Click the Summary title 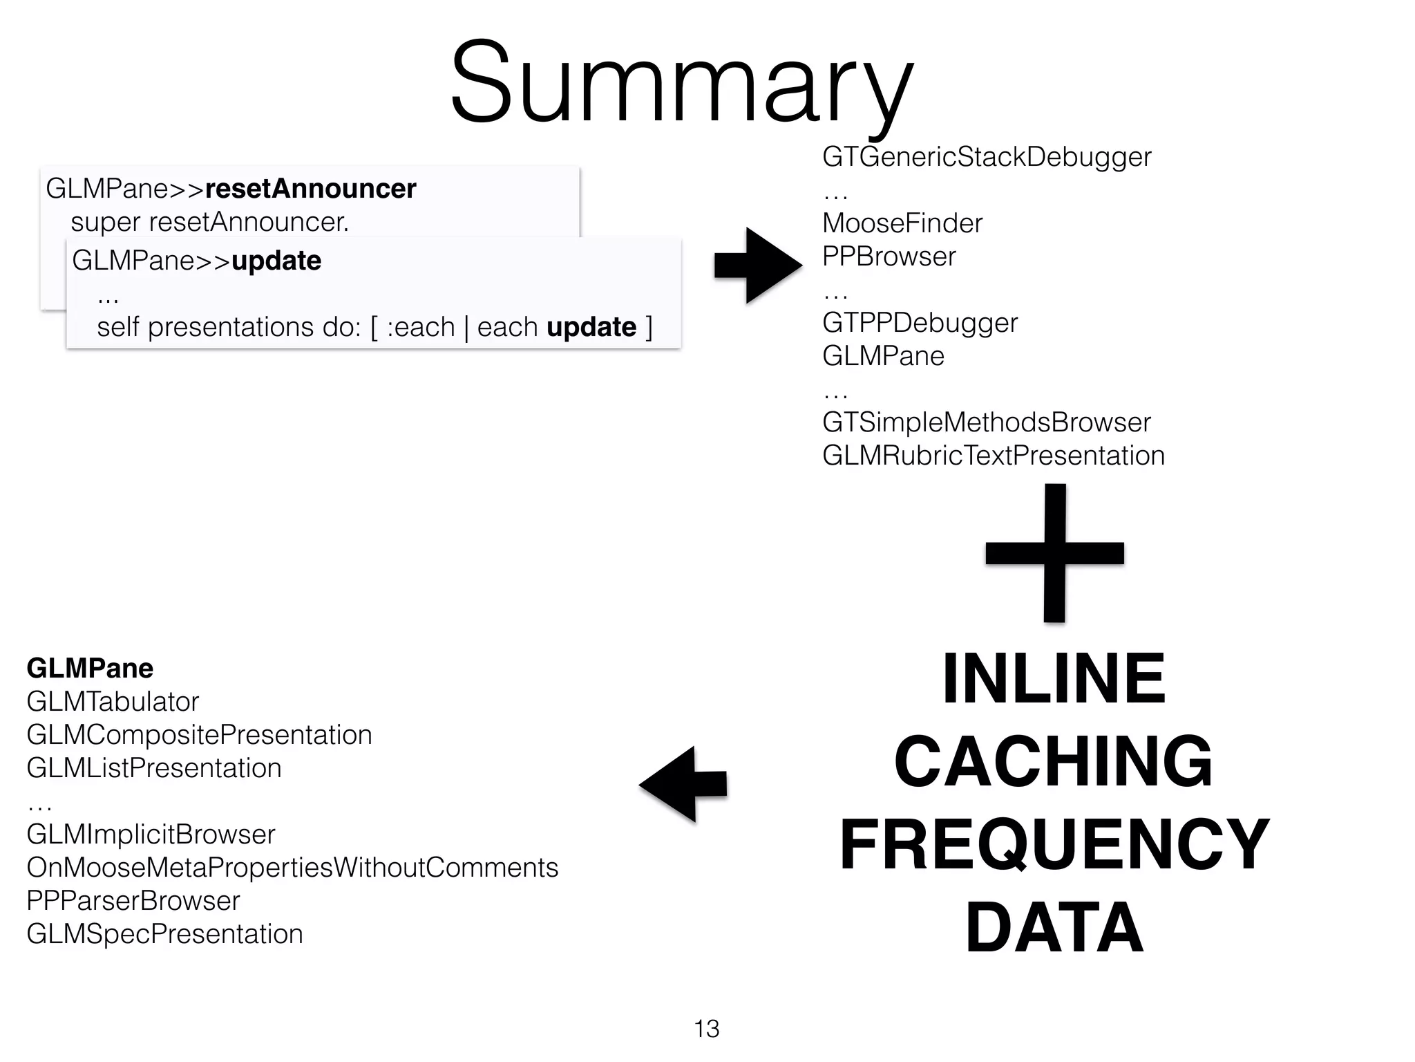coord(682,83)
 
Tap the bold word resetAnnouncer coord(310,189)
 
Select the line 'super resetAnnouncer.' coord(209,222)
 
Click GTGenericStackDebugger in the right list coord(986,157)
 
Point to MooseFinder coord(902,223)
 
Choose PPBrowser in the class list coord(889,257)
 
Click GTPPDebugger coord(920,323)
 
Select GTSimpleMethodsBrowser coord(986,422)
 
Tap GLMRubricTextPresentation coord(993,456)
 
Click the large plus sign coord(1054,553)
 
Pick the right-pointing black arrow coord(758,265)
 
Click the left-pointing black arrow coord(683,784)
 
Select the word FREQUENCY coord(1054,844)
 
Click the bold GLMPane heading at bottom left coord(90,669)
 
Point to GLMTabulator coord(113,702)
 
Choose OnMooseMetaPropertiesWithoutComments coord(292,868)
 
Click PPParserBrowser coord(133,901)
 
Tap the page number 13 coord(707,1029)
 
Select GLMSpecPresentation coord(164,934)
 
